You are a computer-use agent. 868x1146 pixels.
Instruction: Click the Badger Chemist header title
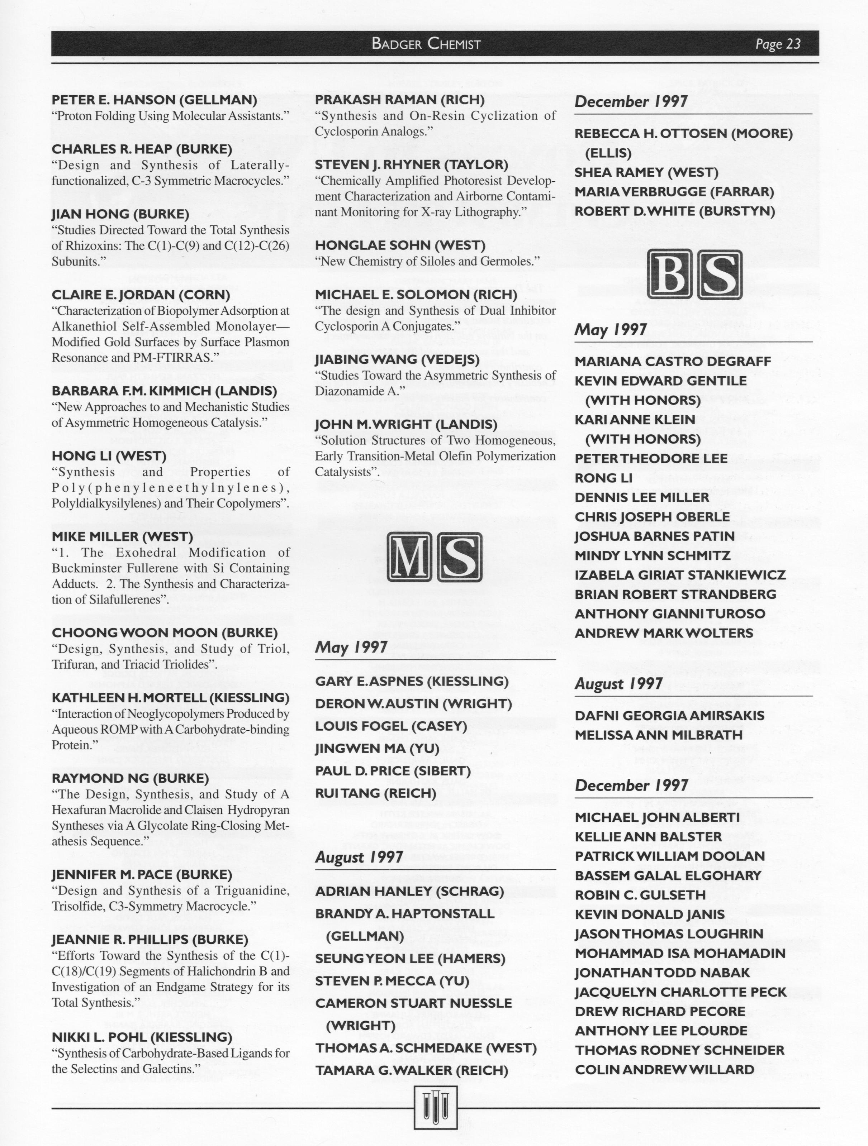pos(426,43)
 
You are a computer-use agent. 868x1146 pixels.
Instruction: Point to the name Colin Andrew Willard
pos(664,1069)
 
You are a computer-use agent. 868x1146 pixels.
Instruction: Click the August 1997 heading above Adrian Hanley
pos(359,857)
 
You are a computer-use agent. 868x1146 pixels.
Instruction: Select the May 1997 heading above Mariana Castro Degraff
pos(611,329)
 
